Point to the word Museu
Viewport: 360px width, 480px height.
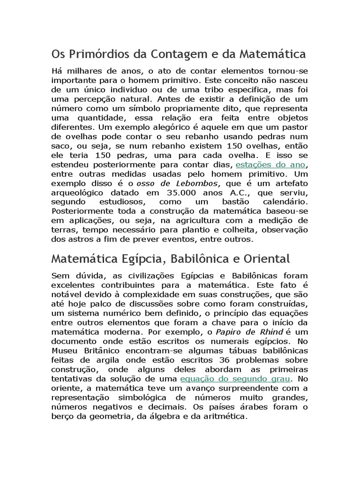click(x=63, y=350)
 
